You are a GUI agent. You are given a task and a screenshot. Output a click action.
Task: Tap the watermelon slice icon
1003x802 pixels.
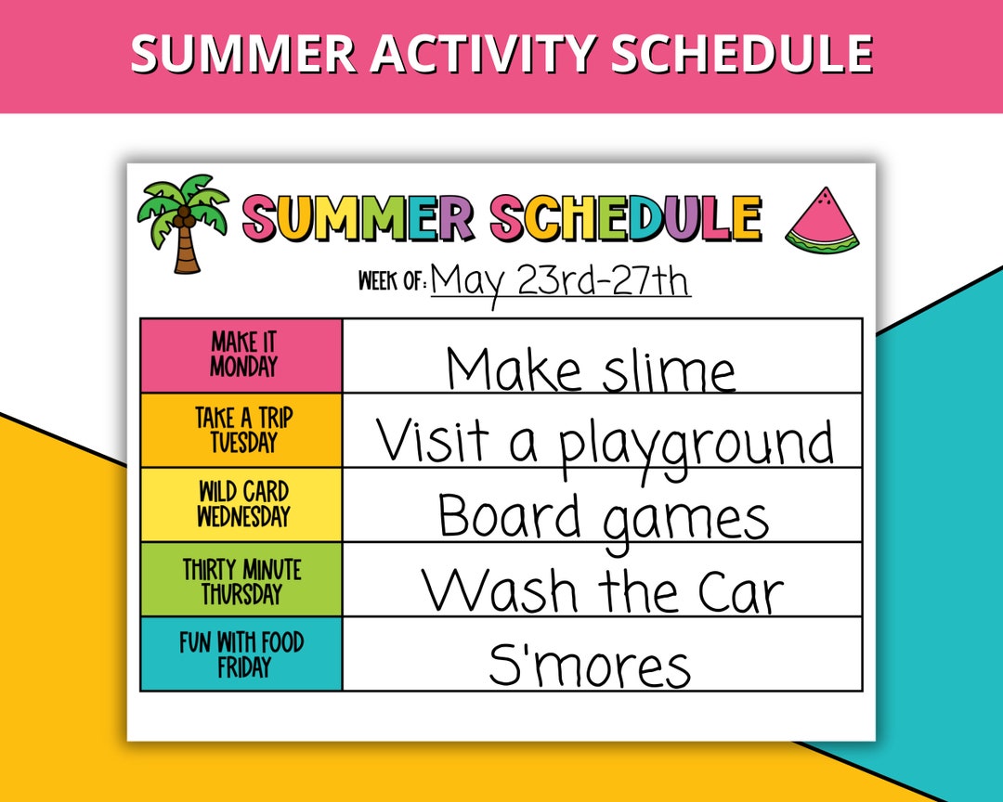tap(823, 220)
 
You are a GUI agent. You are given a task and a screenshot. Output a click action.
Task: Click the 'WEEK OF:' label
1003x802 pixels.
tap(392, 280)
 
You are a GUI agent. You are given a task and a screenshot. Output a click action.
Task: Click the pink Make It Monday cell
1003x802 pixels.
tap(241, 356)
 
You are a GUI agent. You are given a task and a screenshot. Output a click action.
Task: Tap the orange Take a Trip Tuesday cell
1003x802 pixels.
tap(241, 430)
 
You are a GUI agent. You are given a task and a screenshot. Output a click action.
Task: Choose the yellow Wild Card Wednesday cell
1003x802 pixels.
tap(241, 504)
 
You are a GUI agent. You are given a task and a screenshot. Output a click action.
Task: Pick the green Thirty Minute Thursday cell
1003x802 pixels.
tap(241, 579)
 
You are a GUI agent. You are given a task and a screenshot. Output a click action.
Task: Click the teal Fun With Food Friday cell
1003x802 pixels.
tap(241, 653)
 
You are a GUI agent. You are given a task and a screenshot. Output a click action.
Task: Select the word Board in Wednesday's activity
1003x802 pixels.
tap(509, 516)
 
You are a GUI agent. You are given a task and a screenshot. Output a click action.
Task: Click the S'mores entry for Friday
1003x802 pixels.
tap(590, 665)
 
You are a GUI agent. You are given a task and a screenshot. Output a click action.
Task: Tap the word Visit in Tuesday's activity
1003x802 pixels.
tap(432, 441)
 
